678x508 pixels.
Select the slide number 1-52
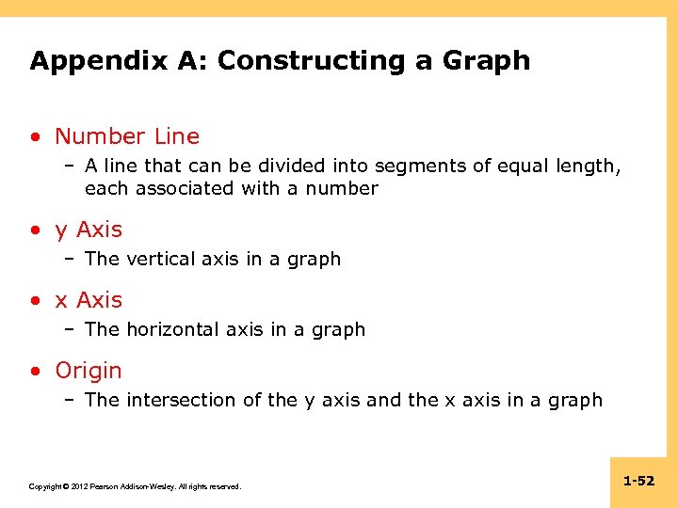638,481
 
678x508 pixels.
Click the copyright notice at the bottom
135,486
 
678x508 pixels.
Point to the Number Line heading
127,136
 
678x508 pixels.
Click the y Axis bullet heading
89,230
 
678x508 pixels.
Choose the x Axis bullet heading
89,300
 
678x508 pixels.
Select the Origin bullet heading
89,371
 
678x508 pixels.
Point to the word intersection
183,400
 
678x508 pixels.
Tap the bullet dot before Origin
35,371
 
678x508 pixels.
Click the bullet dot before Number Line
35,136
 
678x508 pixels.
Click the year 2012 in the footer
76,486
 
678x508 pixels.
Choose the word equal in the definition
519,167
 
